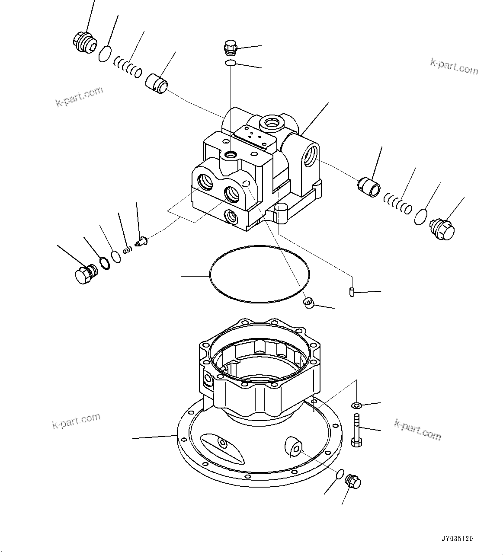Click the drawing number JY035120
click(457, 539)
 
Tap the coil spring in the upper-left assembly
click(128, 67)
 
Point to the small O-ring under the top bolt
click(230, 64)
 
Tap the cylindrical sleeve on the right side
click(369, 186)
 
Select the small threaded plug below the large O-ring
click(308, 304)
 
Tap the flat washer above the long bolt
click(357, 405)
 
